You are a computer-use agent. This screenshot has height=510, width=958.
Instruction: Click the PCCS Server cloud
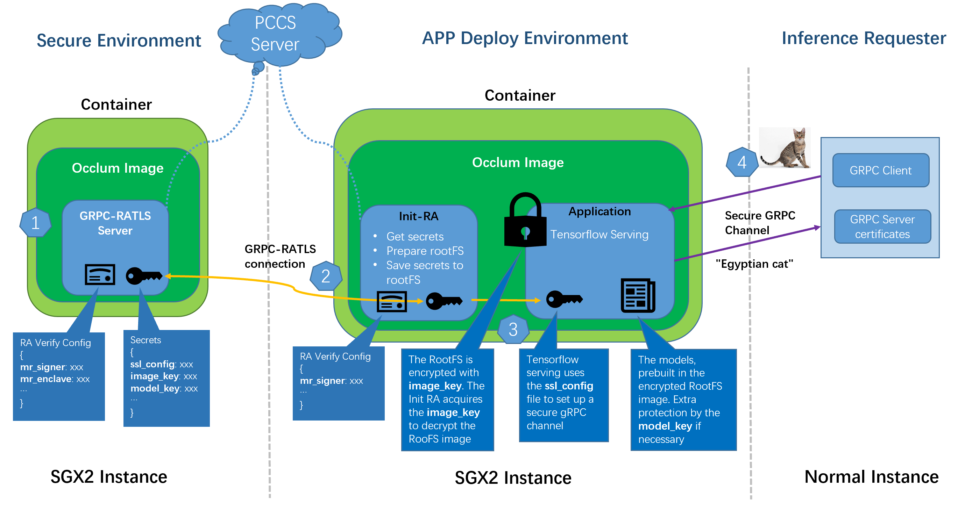click(x=277, y=34)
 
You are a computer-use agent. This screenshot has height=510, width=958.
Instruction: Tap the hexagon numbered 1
click(x=35, y=223)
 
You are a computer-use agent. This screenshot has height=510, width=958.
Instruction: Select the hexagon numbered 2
click(x=326, y=276)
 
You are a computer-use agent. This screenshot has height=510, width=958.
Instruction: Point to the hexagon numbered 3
click(x=513, y=329)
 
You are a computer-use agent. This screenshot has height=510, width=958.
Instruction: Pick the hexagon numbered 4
click(x=742, y=163)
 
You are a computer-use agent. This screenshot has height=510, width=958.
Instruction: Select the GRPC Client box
click(x=880, y=170)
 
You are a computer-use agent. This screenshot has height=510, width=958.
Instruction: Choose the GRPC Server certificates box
click(x=882, y=227)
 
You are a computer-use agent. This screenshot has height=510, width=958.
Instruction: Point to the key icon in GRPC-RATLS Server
click(x=143, y=276)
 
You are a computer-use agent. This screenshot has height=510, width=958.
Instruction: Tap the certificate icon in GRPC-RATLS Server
click(x=100, y=275)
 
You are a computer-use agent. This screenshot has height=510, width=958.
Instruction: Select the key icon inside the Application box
click(x=564, y=299)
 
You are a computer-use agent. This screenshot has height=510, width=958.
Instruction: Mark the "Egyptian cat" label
click(x=754, y=264)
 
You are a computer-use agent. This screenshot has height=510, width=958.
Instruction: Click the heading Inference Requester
click(x=864, y=38)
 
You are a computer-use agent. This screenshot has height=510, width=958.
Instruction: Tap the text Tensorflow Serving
click(x=599, y=235)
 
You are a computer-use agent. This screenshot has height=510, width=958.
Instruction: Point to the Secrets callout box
click(x=166, y=378)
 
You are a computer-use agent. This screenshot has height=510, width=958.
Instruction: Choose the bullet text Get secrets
click(x=415, y=237)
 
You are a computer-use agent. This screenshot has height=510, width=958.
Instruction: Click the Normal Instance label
click(x=871, y=477)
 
